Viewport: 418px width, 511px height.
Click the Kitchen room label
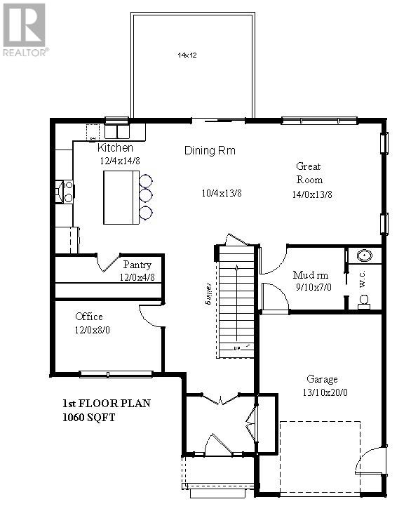[115, 148]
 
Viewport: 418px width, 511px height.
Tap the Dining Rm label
[210, 150]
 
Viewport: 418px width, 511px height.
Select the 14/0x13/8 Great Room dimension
[312, 194]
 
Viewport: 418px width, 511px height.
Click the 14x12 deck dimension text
[184, 54]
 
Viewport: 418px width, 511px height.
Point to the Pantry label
[137, 265]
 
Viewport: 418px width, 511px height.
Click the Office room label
[90, 317]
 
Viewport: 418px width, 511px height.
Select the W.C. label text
[363, 280]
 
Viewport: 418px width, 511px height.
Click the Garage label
[322, 378]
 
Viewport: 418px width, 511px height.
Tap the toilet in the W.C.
[363, 302]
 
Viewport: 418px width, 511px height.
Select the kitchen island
[121, 197]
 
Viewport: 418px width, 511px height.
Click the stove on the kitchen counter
[64, 192]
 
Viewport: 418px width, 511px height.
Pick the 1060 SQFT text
[88, 417]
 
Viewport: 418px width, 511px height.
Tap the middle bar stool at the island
[146, 194]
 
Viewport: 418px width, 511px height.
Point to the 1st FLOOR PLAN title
[105, 404]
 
